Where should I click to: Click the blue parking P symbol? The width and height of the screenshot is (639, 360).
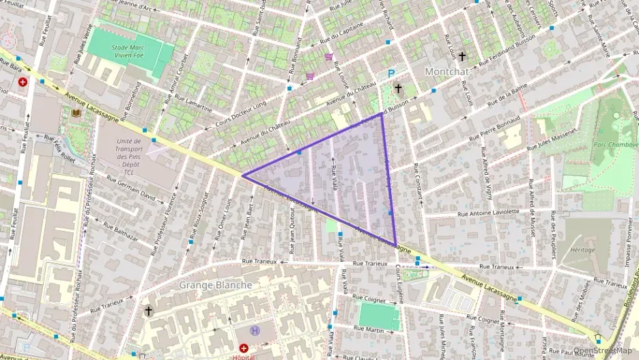[391, 74]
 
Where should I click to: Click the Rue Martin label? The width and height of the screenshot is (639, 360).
[369, 330]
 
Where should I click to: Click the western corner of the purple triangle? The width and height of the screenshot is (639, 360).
[242, 176]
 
